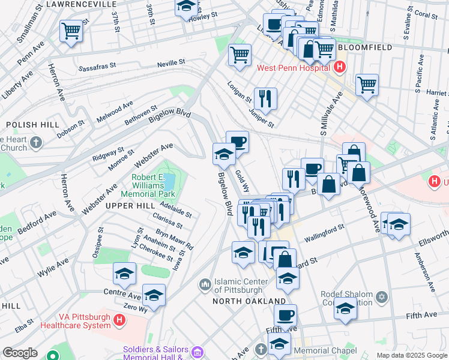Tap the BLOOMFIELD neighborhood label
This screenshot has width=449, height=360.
(364, 47)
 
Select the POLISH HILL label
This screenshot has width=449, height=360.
(32, 124)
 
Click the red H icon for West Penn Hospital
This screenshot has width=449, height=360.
(340, 67)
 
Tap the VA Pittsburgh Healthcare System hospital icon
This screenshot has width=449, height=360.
(119, 320)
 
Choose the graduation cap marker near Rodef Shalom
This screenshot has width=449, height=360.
(345, 309)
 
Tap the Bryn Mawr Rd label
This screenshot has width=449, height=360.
(175, 238)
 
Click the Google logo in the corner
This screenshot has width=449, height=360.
(20, 353)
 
